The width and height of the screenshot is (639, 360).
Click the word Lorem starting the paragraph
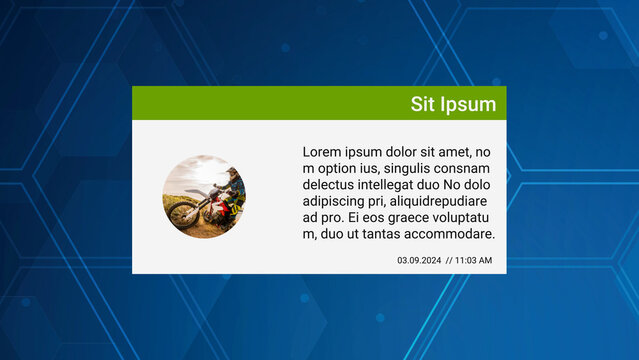tap(323, 152)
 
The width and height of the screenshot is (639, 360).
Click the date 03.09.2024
tap(419, 260)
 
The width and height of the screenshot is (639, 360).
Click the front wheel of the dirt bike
tap(182, 215)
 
